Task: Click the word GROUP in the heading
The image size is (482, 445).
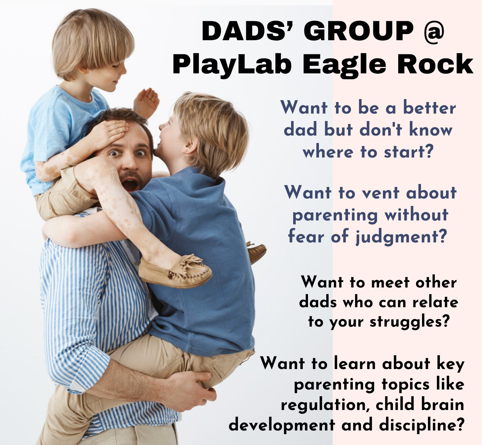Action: [x=359, y=31]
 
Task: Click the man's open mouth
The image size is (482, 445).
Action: [x=130, y=185]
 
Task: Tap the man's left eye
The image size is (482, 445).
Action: [x=141, y=153]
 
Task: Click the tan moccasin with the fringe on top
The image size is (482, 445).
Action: [x=175, y=271]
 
